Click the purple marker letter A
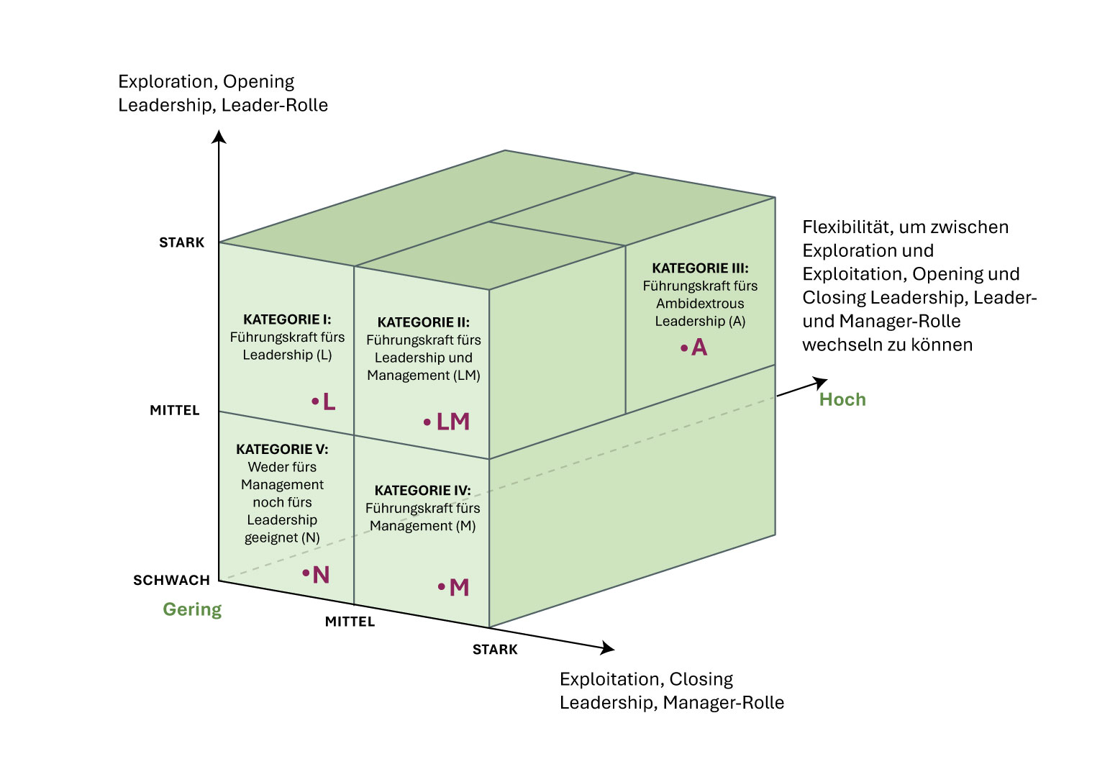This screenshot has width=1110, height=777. [x=699, y=348]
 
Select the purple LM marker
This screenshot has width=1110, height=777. [x=452, y=422]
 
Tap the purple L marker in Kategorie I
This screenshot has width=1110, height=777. [x=329, y=401]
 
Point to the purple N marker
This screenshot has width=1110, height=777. [x=321, y=575]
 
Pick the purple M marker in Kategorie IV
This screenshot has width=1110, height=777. [x=459, y=588]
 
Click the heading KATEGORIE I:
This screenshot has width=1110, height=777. [x=287, y=319]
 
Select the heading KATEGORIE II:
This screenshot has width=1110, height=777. [x=423, y=322]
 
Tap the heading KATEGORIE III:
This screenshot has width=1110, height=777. [x=700, y=268]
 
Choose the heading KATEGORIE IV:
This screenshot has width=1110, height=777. [x=422, y=491]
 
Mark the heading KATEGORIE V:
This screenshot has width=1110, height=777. [x=282, y=450]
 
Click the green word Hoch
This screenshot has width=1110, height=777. [x=842, y=400]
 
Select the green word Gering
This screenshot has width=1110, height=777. [x=192, y=609]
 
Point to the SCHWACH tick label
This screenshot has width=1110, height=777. [x=171, y=581]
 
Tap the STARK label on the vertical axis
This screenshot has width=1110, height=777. [x=181, y=243]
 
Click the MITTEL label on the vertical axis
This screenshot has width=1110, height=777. [x=174, y=411]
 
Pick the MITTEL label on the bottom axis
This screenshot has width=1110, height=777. [x=350, y=622]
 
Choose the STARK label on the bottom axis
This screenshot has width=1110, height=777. [x=495, y=650]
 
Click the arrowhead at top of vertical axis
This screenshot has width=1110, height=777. [x=219, y=136]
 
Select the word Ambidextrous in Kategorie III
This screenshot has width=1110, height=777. [x=700, y=304]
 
